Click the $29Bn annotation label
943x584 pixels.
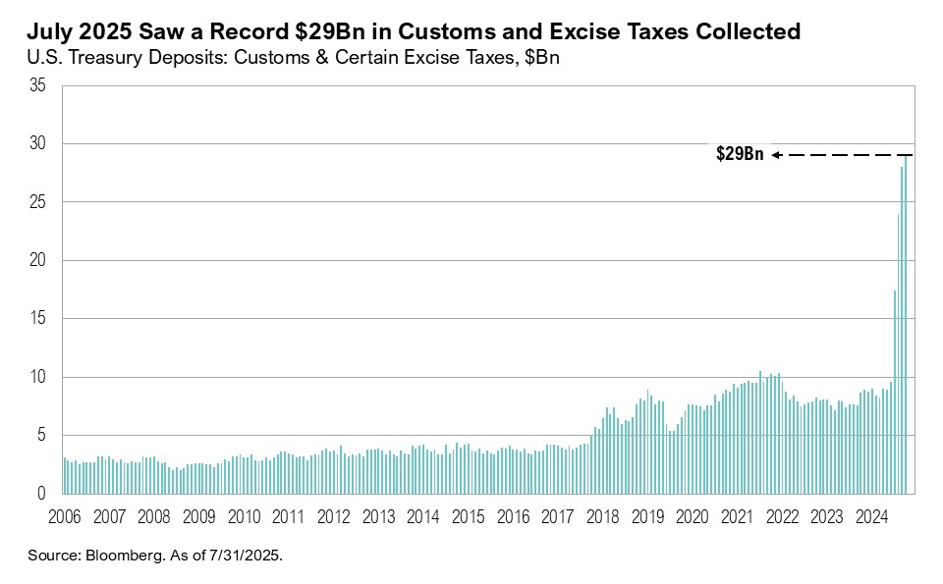click(739, 154)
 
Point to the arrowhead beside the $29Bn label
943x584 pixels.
click(775, 155)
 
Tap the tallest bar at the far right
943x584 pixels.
click(906, 324)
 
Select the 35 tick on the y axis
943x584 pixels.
click(38, 85)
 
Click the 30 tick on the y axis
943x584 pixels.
click(38, 144)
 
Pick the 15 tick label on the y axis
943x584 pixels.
click(38, 319)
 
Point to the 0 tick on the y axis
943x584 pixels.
click(42, 494)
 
